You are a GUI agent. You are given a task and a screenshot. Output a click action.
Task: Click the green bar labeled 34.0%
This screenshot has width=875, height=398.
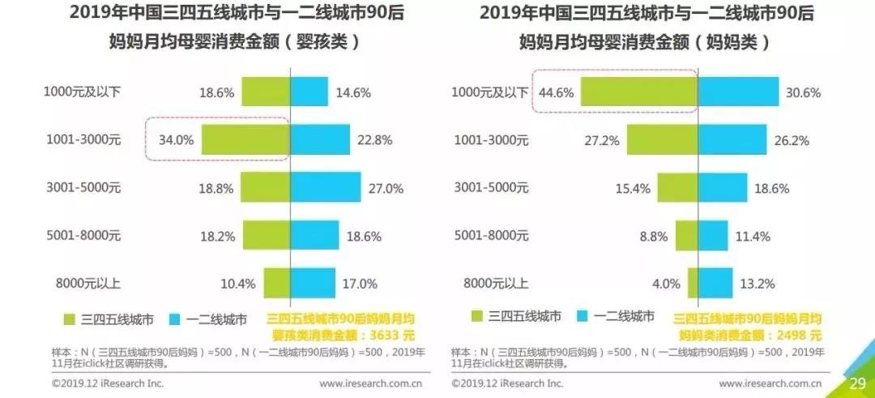tap(245, 139)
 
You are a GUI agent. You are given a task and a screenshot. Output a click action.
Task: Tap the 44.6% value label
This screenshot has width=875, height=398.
tap(556, 92)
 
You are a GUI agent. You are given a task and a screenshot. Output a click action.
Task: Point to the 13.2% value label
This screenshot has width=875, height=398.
tap(758, 284)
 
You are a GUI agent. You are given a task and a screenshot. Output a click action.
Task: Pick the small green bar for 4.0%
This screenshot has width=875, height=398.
tap(693, 284)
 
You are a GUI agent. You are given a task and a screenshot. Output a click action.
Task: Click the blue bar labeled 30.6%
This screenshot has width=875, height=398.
tap(738, 92)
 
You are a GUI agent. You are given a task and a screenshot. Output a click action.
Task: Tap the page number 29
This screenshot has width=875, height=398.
tap(857, 383)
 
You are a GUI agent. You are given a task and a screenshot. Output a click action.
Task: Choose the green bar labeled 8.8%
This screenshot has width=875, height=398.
tap(686, 236)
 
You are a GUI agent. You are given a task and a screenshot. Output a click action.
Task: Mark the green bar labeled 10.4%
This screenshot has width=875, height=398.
tap(277, 284)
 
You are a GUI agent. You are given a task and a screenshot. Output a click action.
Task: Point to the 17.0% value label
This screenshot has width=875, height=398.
tap(361, 284)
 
